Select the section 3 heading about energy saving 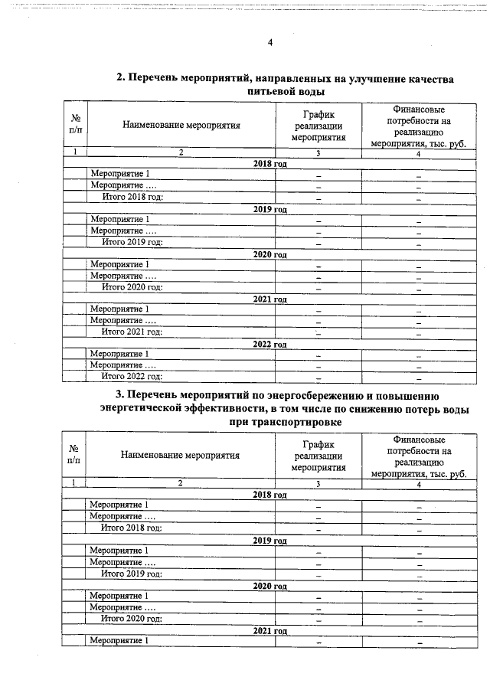[x=284, y=408]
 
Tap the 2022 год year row [x=269, y=344]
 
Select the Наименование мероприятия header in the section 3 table [x=181, y=455]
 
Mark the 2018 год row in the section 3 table [x=269, y=494]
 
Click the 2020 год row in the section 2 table [x=269, y=253]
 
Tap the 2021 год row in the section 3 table [x=269, y=629]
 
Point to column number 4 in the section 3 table [x=419, y=483]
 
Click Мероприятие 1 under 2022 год [x=120, y=354]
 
